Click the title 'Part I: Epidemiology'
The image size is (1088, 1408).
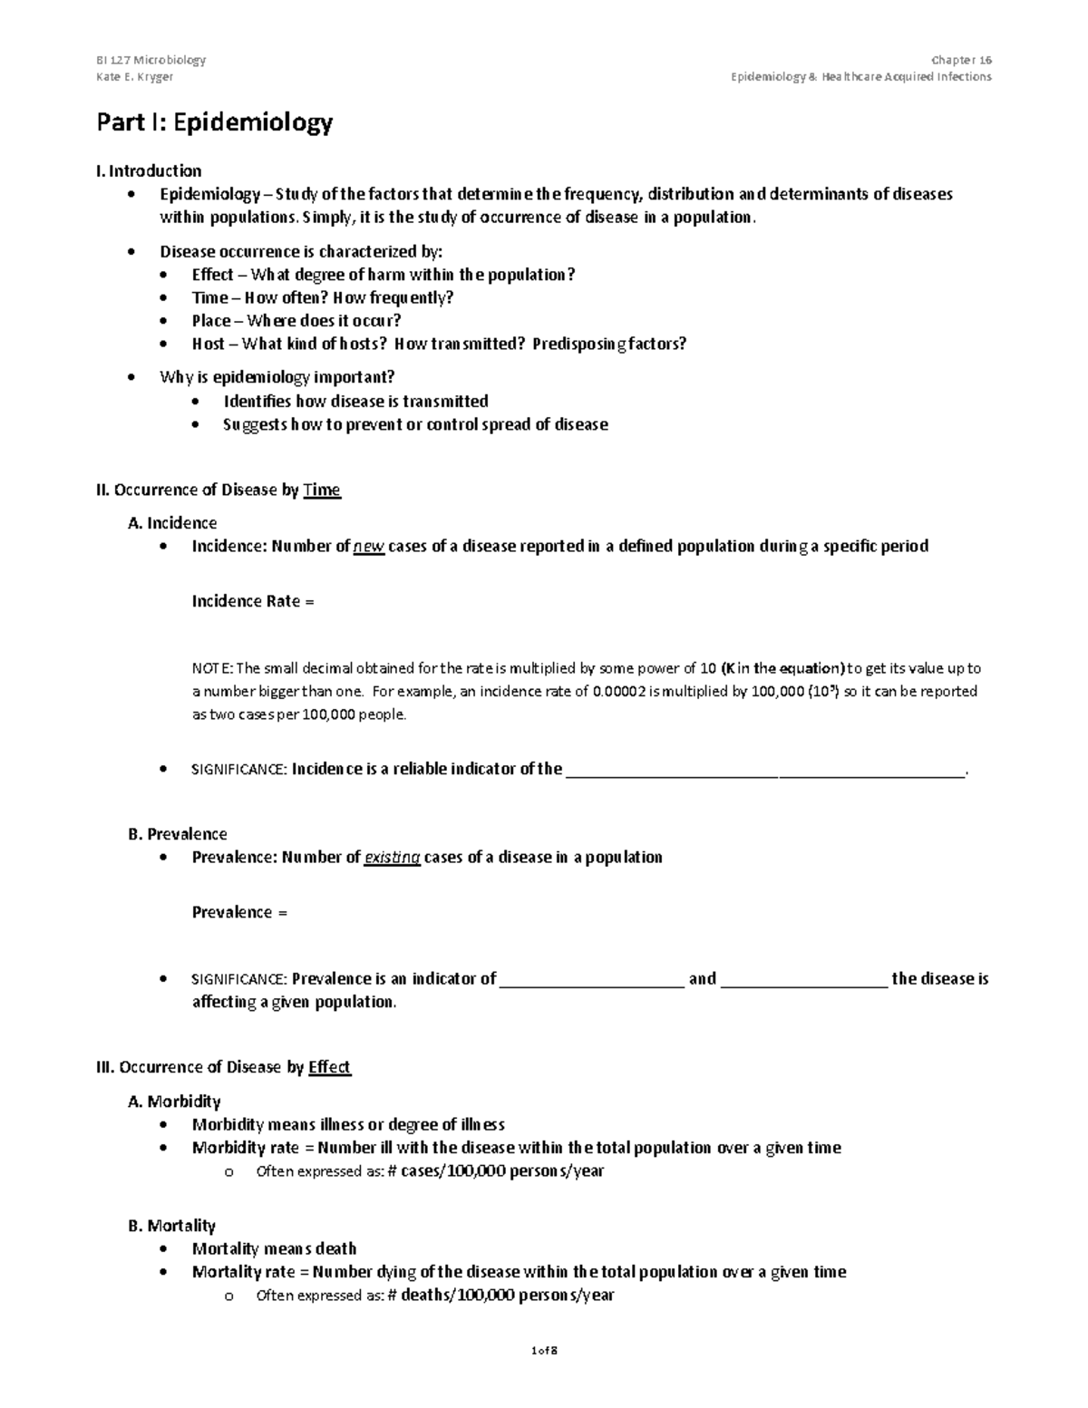tap(215, 123)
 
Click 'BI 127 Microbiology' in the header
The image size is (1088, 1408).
tap(151, 60)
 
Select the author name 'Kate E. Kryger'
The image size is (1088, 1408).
tap(135, 77)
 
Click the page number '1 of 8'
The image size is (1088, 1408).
tap(544, 1351)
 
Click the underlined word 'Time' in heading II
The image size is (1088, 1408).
tap(322, 490)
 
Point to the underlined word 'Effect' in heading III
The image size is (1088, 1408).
tap(329, 1068)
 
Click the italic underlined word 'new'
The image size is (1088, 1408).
tap(369, 547)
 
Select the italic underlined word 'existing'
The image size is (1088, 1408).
tap(392, 858)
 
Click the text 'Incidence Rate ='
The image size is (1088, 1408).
tap(253, 602)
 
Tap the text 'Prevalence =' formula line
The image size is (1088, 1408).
tap(239, 913)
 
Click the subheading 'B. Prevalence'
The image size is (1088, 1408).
tap(178, 834)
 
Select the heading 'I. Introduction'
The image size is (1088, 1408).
tap(149, 171)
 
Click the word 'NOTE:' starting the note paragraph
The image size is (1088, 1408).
tap(212, 669)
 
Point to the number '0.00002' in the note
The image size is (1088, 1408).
tap(621, 692)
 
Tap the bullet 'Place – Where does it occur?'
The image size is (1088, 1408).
tap(296, 321)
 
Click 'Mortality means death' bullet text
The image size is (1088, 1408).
tap(275, 1249)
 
